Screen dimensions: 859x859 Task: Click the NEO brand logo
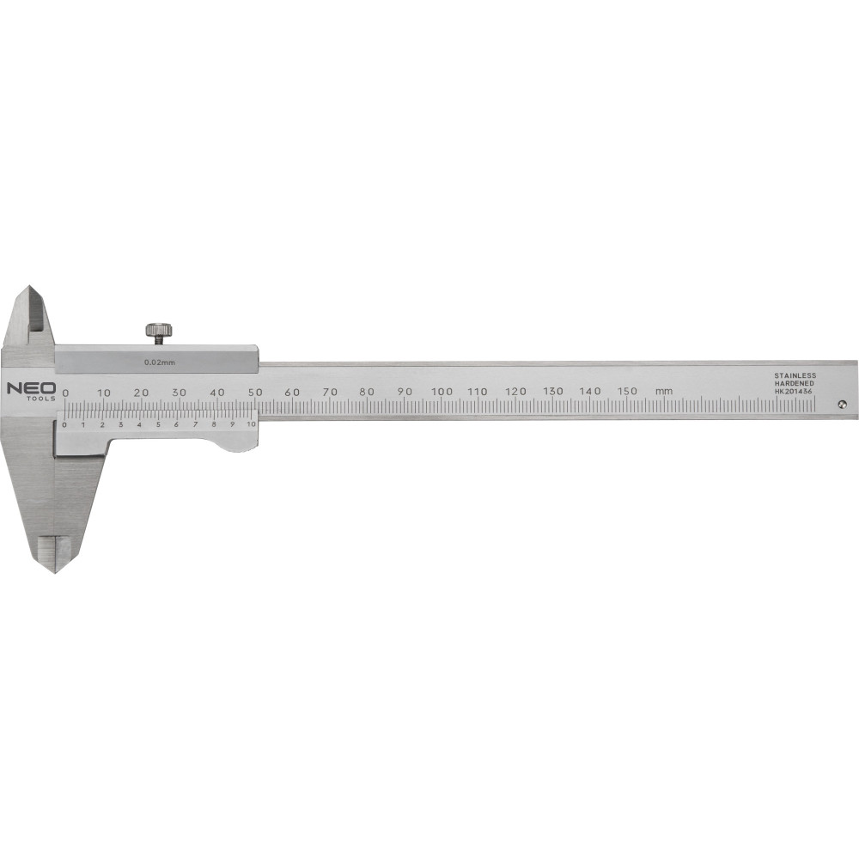click(31, 389)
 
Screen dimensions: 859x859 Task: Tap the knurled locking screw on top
click(160, 332)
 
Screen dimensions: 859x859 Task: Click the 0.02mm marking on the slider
click(155, 362)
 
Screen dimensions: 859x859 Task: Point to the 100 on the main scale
click(442, 391)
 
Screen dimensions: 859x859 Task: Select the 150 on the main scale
click(627, 391)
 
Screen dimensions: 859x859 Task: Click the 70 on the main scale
click(330, 392)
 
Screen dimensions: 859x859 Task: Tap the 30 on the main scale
click(180, 393)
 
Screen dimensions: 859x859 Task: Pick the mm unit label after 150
click(663, 391)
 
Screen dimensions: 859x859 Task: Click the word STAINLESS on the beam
click(795, 375)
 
